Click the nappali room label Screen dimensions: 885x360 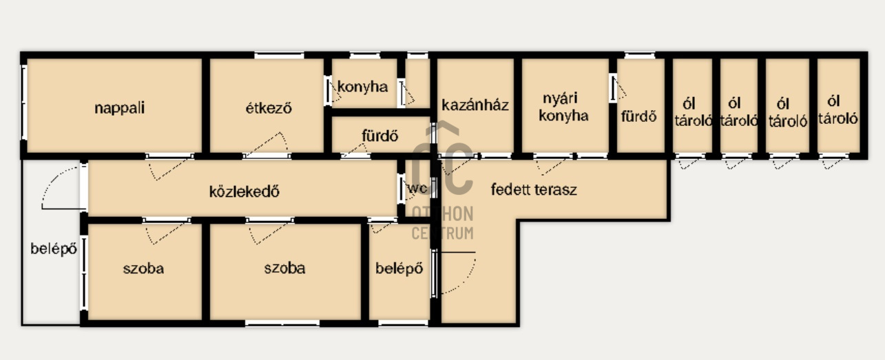coord(119,108)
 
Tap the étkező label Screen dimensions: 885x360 coord(269,108)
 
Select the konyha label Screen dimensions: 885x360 coord(363,87)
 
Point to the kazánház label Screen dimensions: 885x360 coord(475,105)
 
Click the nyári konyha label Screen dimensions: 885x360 coord(563,107)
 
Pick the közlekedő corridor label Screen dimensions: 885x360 coord(244,191)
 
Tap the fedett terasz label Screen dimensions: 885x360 coord(534,189)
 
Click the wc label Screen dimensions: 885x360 coord(417,189)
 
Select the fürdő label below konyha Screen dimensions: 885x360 coord(380,136)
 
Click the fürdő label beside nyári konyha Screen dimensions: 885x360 coord(639,116)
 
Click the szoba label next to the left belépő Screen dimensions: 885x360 coord(143,268)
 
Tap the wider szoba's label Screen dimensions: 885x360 coord(285,268)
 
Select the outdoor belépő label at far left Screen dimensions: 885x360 coord(54,248)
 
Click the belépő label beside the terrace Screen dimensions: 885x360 coord(399,268)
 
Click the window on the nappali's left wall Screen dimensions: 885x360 coord(23,103)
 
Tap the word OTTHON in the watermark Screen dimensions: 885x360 coord(442,214)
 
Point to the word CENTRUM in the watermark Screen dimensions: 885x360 coord(442,233)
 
